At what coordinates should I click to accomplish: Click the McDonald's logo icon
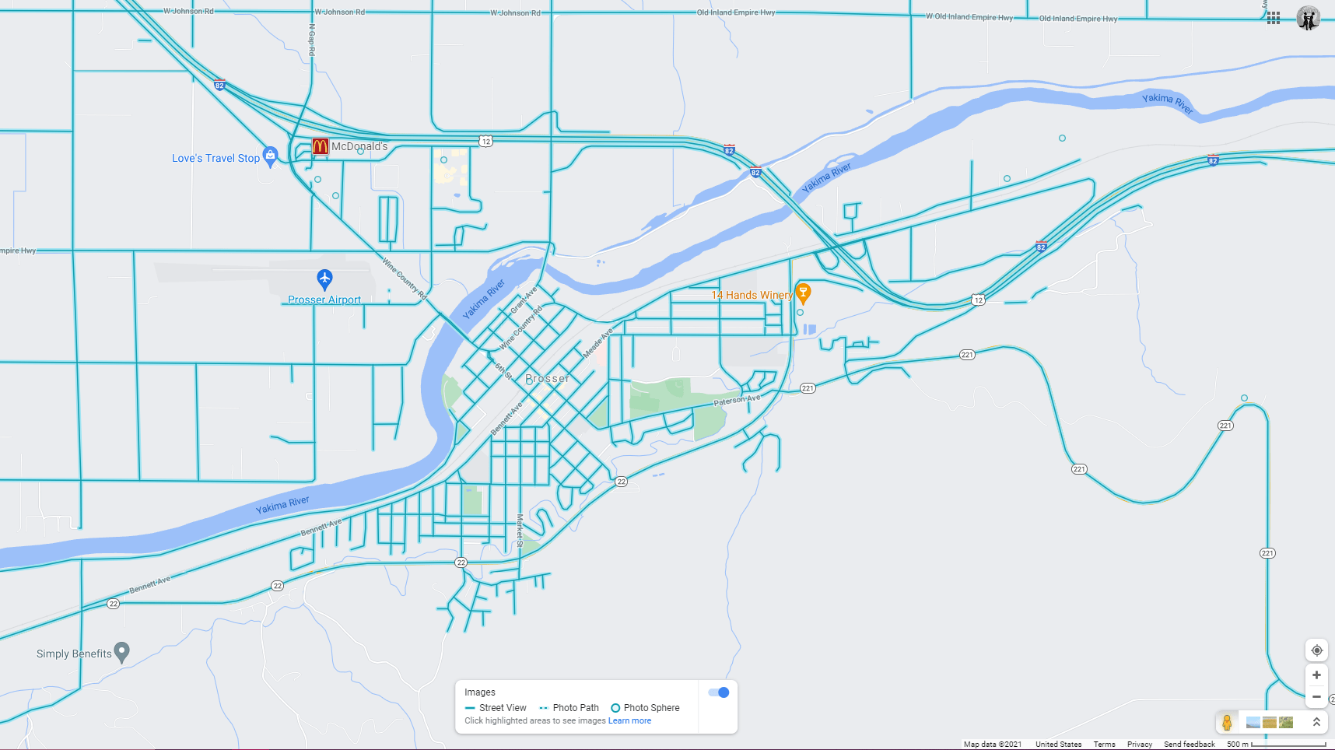click(x=320, y=145)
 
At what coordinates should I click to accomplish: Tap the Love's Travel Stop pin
click(x=270, y=156)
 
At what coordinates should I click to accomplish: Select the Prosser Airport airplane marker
click(x=324, y=279)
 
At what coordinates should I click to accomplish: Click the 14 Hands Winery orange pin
click(x=804, y=293)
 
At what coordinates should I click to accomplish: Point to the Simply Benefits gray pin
click(x=121, y=651)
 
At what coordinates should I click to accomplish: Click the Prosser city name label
click(x=548, y=378)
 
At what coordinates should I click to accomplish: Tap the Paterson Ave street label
click(x=737, y=400)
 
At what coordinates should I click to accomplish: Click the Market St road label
click(x=520, y=530)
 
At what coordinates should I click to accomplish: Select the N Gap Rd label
click(x=312, y=39)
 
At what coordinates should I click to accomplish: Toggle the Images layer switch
click(x=719, y=692)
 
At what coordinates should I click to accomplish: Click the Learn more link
click(x=629, y=721)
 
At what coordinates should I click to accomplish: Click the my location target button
click(x=1316, y=650)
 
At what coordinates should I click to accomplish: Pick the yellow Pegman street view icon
click(x=1227, y=722)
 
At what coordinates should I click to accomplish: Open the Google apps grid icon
click(x=1274, y=18)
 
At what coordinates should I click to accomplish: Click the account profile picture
click(x=1309, y=18)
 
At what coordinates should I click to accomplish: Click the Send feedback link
click(x=1189, y=745)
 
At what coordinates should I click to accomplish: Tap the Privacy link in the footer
click(x=1139, y=745)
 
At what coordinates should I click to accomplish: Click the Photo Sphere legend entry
click(x=645, y=708)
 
